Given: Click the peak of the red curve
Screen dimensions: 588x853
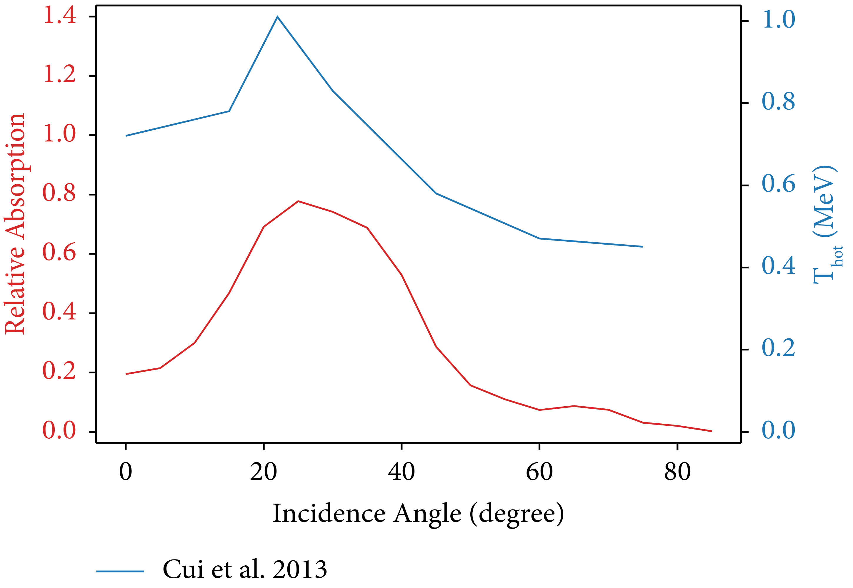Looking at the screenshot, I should click(x=298, y=201).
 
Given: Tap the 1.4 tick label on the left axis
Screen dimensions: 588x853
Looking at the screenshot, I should click(x=60, y=16).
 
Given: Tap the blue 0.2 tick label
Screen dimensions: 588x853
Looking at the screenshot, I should click(x=779, y=348).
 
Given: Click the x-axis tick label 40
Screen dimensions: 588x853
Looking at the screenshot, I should click(x=401, y=472).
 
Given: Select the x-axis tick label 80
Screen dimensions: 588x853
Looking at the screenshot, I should click(x=677, y=472).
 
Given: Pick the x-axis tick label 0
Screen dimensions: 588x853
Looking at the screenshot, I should click(x=126, y=472).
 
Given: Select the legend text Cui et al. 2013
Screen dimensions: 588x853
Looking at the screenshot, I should click(x=245, y=569).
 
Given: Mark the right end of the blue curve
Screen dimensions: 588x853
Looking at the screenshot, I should click(x=642, y=246).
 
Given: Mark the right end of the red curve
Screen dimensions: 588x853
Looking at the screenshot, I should click(x=712, y=431).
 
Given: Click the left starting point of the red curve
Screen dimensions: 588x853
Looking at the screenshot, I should click(x=126, y=374).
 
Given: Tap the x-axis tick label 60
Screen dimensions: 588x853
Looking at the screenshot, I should click(x=539, y=472).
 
